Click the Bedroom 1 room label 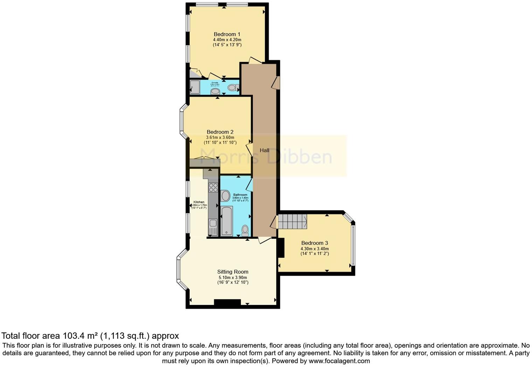(227, 34)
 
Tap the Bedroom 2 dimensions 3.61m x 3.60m (220, 138)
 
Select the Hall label (264, 150)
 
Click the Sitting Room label (233, 272)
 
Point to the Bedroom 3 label (314, 243)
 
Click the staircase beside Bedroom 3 (292, 222)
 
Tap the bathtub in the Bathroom (227, 221)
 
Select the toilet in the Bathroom (245, 230)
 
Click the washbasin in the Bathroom (225, 196)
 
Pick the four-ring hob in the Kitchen (213, 188)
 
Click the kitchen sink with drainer (213, 227)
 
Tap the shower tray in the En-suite (195, 87)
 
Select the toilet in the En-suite (233, 87)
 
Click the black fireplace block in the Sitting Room (227, 303)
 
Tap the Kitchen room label (199, 202)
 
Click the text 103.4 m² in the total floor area (80, 336)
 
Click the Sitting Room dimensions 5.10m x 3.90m (233, 277)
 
